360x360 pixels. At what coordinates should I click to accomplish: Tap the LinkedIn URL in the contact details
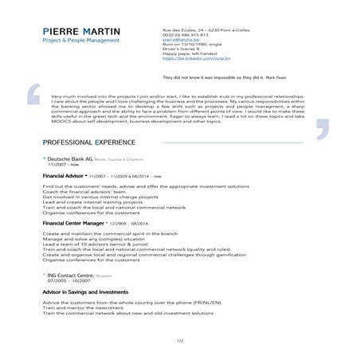(x=185, y=58)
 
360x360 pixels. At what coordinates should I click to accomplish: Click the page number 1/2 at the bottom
(x=180, y=341)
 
